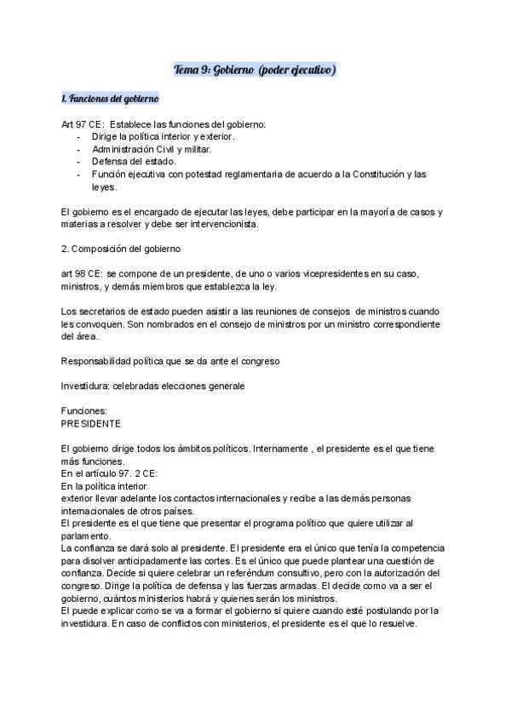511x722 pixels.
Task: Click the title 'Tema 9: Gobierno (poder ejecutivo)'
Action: tap(255, 68)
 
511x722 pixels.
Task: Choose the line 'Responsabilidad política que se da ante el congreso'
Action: tap(170, 360)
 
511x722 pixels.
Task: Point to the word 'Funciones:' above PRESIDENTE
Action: tap(83, 410)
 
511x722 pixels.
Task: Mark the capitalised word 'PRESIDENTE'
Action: tap(91, 422)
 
